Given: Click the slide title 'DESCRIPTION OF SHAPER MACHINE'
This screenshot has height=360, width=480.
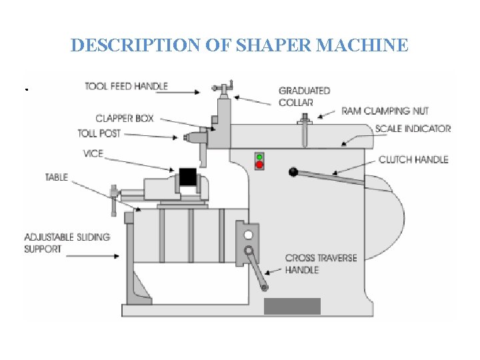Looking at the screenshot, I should pos(239,45).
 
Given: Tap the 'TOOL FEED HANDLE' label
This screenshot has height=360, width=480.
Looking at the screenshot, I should pos(126,87).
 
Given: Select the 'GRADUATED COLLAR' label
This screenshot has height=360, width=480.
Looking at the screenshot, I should pos(303,97).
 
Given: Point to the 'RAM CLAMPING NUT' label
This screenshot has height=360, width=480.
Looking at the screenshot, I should pos(385,111).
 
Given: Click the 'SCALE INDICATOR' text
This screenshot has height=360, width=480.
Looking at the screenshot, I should pos(412,129).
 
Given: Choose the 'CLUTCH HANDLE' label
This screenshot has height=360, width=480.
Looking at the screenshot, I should pos(413,159).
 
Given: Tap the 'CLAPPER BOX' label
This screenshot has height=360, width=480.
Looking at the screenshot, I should pos(125,119).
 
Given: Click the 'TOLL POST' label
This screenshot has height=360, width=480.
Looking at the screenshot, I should pos(99,133).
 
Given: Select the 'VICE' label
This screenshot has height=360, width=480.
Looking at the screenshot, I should pos(93,153).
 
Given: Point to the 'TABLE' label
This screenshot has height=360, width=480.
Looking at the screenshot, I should pos(57,177).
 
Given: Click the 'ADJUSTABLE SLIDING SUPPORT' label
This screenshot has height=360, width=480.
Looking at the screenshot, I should pos(67,243).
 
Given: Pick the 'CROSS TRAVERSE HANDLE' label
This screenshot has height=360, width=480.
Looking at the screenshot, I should pos(321,264).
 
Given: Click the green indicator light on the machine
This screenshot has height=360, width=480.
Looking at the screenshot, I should pos(259,157).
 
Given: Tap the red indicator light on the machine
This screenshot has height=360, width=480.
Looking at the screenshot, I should pos(259,165).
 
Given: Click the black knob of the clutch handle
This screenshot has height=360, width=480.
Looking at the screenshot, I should pos(293,173).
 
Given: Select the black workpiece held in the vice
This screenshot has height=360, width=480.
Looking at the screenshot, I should pos(188,177).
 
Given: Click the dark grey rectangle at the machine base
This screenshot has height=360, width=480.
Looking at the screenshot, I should pos(292,306).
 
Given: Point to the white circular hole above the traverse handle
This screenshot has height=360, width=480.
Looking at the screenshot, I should pos(249,235).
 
